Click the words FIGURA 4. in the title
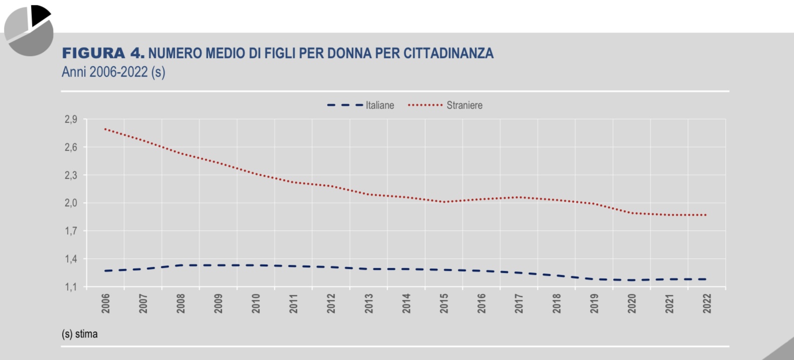(x=103, y=53)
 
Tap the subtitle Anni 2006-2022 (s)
(x=113, y=72)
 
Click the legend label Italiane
(x=380, y=105)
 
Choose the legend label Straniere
(x=464, y=105)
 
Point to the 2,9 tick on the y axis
(x=71, y=119)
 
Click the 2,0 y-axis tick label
(x=71, y=203)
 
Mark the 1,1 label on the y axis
(x=71, y=287)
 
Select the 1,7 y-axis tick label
(x=71, y=231)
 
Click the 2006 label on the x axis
(x=106, y=303)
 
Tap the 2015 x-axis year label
(x=444, y=303)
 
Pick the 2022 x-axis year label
(x=707, y=303)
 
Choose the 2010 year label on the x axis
(x=256, y=303)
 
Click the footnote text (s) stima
(x=80, y=334)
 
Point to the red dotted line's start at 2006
(x=105, y=129)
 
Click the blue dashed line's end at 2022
(x=706, y=279)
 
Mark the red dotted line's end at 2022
(x=706, y=215)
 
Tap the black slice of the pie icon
(x=39, y=15)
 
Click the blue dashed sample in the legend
(x=345, y=105)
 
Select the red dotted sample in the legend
(x=425, y=105)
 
